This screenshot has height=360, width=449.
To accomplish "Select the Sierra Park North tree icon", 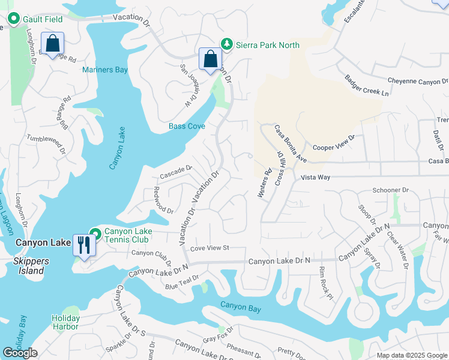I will pos(226,43).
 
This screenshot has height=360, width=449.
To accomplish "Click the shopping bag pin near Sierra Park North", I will pos(210,59).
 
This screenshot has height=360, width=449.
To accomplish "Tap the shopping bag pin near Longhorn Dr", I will pos(53,43).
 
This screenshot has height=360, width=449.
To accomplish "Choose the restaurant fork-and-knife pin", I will pos(83,245).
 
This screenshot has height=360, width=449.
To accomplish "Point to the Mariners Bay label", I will pos(105,70).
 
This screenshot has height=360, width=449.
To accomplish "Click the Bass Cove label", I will pos(187,127).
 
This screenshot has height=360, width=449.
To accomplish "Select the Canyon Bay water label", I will pos(241,306).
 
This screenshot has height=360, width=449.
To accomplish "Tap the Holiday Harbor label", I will pos(65,322).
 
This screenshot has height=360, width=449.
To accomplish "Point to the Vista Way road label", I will pos(316,178).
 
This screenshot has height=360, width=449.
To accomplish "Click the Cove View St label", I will pos(210,248).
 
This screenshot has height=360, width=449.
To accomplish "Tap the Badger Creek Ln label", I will pos(366,86).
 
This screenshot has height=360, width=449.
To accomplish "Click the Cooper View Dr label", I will pos(334,142).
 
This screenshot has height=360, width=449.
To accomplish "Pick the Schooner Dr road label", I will pos(390,190).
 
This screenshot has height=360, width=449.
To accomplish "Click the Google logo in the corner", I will pos(20,353).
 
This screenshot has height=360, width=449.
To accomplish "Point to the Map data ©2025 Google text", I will pos(411,355).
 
